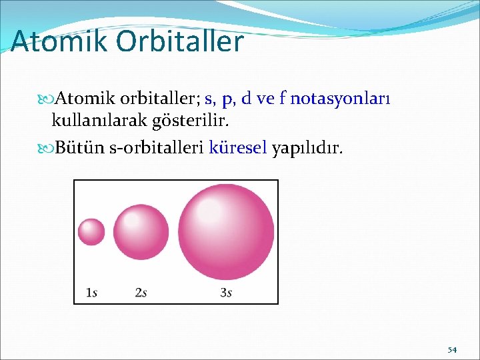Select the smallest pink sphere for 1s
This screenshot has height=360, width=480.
(91, 232)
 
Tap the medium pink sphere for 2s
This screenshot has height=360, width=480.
(141, 231)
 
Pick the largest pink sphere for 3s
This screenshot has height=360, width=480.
(226, 231)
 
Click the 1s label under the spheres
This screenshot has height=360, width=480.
(92, 292)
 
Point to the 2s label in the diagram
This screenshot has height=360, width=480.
(141, 292)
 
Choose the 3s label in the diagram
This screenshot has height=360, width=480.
(226, 292)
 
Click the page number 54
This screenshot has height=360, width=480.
(452, 349)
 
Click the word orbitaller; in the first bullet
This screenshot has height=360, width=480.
(161, 99)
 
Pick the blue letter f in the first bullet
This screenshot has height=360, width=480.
(282, 99)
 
